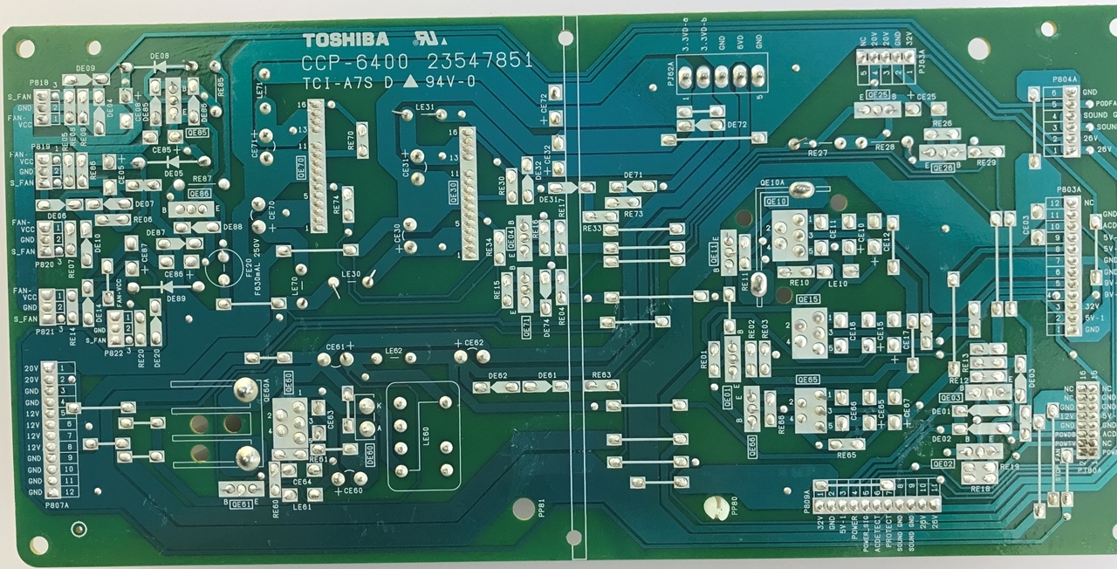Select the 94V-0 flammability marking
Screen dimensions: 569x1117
(x=452, y=83)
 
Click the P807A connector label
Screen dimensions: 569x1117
(x=56, y=504)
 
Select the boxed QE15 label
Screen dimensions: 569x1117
(x=807, y=299)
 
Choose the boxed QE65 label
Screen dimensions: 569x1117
(x=807, y=380)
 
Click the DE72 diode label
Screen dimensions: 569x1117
(x=737, y=125)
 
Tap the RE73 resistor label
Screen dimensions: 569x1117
(x=634, y=214)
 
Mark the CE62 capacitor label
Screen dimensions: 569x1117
(x=474, y=343)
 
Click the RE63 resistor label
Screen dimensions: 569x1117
(x=600, y=375)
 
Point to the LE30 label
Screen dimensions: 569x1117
(x=352, y=275)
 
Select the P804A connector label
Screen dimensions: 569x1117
(x=1066, y=78)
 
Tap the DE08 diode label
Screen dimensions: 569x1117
(x=160, y=56)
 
